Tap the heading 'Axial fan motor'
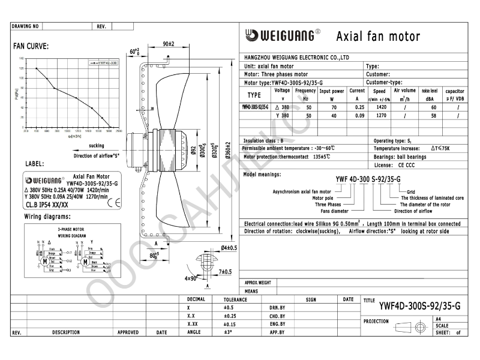point(378,37)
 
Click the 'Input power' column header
point(331,91)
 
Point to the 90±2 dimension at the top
point(169,44)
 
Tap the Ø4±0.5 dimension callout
point(229,247)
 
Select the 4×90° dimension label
point(191,278)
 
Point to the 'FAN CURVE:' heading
point(31,46)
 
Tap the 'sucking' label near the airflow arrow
point(97,146)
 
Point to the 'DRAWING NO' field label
point(25,27)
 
